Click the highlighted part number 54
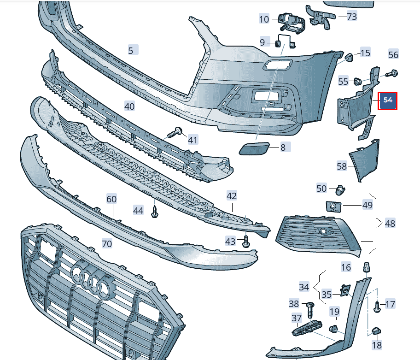click(x=387, y=100)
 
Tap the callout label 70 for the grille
click(x=107, y=244)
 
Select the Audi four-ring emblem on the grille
click(x=94, y=279)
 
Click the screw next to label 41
click(x=174, y=133)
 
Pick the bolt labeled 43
click(x=246, y=242)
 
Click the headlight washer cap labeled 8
click(x=250, y=149)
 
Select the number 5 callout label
click(x=131, y=50)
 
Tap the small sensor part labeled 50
click(x=341, y=189)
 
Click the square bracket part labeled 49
click(x=331, y=206)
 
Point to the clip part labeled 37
click(x=307, y=327)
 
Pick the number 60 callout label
click(x=112, y=199)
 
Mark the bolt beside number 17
click(x=377, y=307)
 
